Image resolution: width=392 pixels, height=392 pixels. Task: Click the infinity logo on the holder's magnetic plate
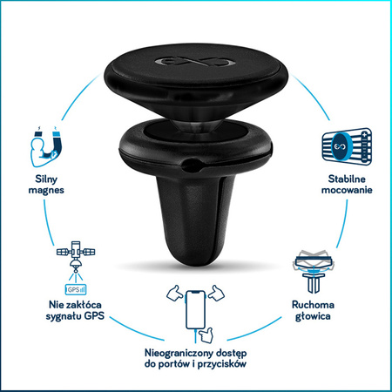194,61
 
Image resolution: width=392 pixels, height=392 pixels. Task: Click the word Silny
46,179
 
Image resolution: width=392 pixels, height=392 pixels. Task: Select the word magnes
46,190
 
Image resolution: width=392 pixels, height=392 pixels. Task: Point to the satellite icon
76,256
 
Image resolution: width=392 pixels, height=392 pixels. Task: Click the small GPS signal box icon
76,289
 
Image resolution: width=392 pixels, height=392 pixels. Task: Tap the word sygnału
64,316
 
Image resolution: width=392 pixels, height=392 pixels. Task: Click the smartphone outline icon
195,309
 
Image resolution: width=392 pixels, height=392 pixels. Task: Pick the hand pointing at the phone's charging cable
206,335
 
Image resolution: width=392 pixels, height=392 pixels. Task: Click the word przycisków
222,364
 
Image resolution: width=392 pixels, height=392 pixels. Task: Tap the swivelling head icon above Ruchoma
313,271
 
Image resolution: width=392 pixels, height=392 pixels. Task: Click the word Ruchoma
313,305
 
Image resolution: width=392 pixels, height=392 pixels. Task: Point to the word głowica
313,316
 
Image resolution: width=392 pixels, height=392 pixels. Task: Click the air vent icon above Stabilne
347,146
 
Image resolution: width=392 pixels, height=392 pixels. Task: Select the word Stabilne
347,179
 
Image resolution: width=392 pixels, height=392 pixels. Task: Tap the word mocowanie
347,190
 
